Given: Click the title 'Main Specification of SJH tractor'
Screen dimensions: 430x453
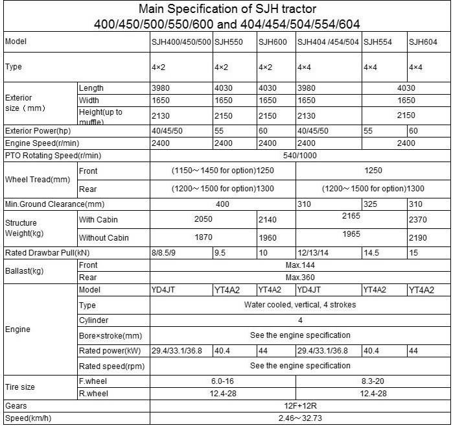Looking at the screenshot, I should coord(226,9).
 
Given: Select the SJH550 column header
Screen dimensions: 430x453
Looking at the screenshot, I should coord(228,42).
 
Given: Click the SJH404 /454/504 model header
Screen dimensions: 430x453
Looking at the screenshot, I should coord(328,42).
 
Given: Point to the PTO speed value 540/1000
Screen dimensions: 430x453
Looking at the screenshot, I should coord(300,156).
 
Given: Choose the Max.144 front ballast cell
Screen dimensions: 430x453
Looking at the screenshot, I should coord(300,265).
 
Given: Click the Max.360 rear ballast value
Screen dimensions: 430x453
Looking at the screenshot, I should coord(300,278).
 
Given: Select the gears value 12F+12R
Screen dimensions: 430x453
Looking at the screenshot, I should coord(300,405).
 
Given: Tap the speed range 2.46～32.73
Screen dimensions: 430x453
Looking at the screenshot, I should coord(300,418).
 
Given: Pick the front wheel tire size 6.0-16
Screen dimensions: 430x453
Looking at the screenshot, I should coord(222,381).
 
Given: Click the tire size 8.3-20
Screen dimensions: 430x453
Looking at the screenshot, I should coord(373,381).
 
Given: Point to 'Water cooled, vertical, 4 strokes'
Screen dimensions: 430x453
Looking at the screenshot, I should coord(300,305).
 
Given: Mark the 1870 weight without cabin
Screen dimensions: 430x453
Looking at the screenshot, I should coord(203,238).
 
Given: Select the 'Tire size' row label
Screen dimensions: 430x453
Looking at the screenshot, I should coord(21,387).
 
